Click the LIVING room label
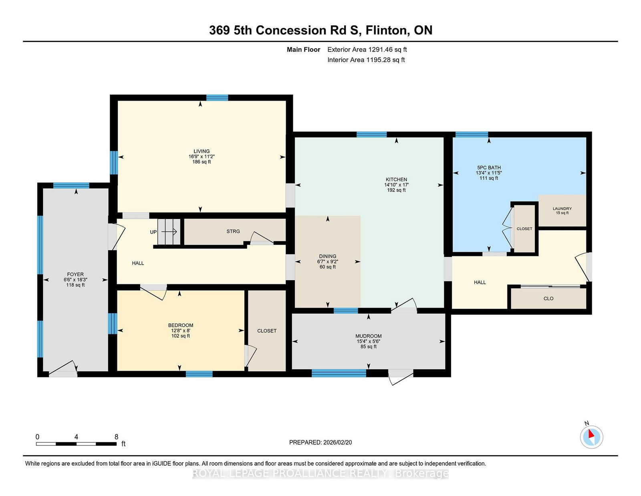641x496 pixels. [x=202, y=151]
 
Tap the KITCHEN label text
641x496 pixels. [x=396, y=180]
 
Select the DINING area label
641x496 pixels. [x=327, y=256]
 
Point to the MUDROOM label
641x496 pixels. [x=369, y=336]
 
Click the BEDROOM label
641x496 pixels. [x=181, y=325]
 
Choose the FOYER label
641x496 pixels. [x=75, y=274]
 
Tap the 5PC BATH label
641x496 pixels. [x=489, y=168]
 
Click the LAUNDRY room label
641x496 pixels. [x=562, y=209]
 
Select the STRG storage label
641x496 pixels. [x=233, y=231]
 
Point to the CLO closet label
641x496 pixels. [x=548, y=298]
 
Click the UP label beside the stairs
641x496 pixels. [x=153, y=232]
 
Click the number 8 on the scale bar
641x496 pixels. [x=116, y=437]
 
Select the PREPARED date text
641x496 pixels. [x=320, y=442]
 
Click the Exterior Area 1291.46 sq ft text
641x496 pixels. [x=367, y=50]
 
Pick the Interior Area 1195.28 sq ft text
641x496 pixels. [x=366, y=60]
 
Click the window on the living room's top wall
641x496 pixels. [x=217, y=98]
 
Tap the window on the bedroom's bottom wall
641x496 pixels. [x=199, y=374]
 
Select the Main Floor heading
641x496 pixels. [x=303, y=50]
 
